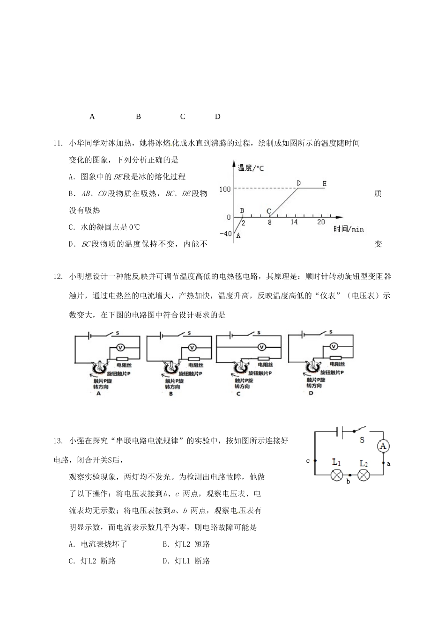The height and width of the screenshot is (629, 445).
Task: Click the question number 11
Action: [58, 143]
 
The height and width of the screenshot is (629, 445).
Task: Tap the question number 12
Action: [58, 276]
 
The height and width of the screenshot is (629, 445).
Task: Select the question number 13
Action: [58, 441]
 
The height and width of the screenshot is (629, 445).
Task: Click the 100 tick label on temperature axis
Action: [225, 189]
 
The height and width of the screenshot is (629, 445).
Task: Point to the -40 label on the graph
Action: [225, 234]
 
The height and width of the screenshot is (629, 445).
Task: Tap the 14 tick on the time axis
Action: [294, 222]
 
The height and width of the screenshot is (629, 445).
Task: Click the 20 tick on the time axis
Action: [321, 222]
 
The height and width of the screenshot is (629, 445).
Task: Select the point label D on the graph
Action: [298, 183]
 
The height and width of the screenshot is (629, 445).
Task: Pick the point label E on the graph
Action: [324, 183]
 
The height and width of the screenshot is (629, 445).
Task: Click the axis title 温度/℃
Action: [251, 168]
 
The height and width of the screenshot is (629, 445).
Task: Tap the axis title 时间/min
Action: [349, 229]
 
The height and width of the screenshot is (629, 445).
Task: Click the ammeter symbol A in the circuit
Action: [383, 446]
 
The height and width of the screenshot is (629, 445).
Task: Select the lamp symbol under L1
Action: [336, 475]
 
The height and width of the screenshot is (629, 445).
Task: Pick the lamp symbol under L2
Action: [364, 475]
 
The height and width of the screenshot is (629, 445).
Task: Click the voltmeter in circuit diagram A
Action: [119, 347]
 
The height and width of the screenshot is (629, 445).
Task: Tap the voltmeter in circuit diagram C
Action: [262, 347]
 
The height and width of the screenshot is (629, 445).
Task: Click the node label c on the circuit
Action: [308, 461]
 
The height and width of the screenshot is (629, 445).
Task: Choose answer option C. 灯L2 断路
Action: [92, 561]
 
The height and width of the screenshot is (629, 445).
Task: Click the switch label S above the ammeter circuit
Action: [362, 440]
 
